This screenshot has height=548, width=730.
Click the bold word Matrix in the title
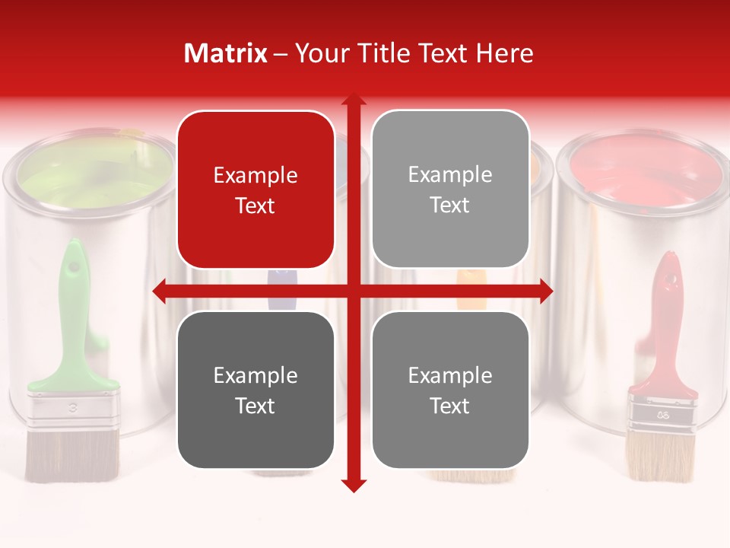(226, 53)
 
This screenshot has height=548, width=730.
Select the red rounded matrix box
(255, 190)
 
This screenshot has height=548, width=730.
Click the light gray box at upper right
(450, 190)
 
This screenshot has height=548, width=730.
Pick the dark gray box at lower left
(255, 390)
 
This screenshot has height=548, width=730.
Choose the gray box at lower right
(450, 390)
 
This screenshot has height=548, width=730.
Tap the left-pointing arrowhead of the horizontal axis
(159, 291)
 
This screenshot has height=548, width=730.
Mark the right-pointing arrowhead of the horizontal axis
(547, 291)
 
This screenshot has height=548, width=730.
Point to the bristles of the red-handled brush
(660, 457)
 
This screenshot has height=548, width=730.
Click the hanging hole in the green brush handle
(74, 267)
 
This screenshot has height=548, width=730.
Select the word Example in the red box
(255, 175)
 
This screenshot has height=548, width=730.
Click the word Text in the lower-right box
(450, 406)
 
